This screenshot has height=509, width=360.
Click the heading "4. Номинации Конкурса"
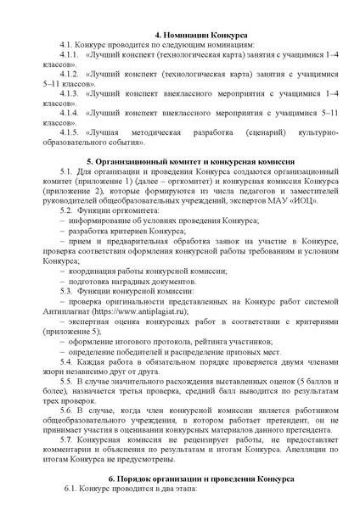pos(179,28)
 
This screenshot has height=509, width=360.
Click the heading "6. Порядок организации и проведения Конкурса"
pos(179,479)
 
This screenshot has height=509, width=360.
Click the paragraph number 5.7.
pos(71,443)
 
